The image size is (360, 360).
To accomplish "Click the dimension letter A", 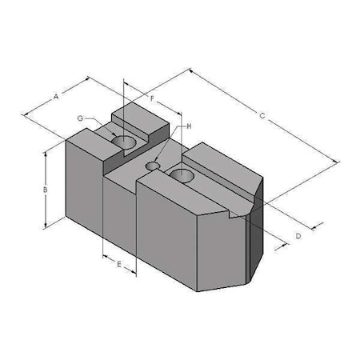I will pyautogui.click(x=57, y=96).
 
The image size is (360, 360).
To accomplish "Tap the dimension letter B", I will pyautogui.click(x=46, y=190).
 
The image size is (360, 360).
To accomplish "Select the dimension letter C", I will pyautogui.click(x=263, y=116).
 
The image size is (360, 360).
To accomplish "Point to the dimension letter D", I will pyautogui.click(x=298, y=236).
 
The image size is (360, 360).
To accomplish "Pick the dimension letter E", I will pyautogui.click(x=119, y=263).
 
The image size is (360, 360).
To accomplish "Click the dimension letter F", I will pyautogui.click(x=152, y=98).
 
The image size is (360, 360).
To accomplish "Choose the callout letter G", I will pyautogui.click(x=80, y=118).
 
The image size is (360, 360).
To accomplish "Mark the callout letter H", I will pyautogui.click(x=189, y=126).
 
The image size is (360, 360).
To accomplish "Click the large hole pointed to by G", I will pyautogui.click(x=124, y=142).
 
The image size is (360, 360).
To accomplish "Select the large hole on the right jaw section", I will pyautogui.click(x=182, y=174).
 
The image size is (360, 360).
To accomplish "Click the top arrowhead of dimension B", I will pyautogui.click(x=46, y=153).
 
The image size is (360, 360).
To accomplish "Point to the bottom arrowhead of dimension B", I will pyautogui.click(x=46, y=225).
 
